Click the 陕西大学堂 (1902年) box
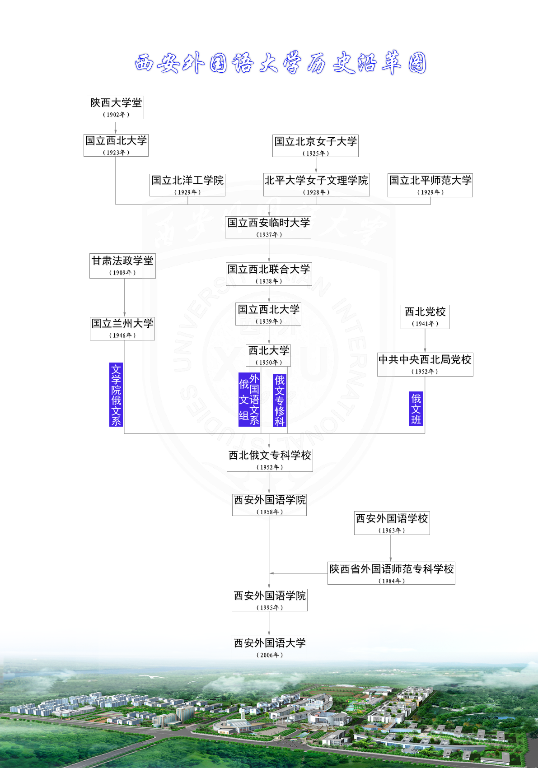tap(115, 107)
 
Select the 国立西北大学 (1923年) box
tap(116, 145)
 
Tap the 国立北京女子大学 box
tap(315, 146)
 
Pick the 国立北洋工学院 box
tap(187, 185)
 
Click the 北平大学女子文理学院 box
tap(316, 185)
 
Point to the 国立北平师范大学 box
tap(430, 185)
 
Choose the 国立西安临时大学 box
tap(268, 227)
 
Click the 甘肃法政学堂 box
tap(122, 266)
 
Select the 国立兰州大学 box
tap(122, 328)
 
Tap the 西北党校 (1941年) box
tap(425, 317)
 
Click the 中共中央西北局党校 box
tap(425, 364)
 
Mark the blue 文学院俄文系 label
tap(116, 395)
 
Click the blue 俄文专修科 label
tap(280, 400)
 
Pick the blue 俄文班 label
tap(416, 409)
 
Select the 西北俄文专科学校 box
tap(270, 460)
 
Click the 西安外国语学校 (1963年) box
tap(392, 523)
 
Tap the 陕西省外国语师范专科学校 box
tap(391, 573)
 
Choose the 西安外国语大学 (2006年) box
tap(269, 647)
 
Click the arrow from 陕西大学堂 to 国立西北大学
tap(116, 127)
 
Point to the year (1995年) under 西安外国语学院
tap(270, 608)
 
